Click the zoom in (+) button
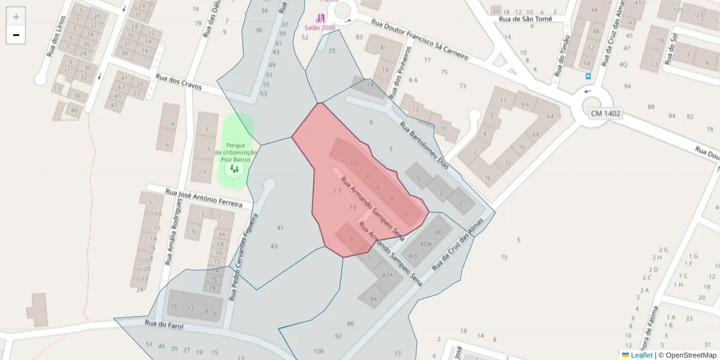[16, 17]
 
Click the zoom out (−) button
[16, 35]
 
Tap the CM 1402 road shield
[605, 113]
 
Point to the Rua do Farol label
[163, 326]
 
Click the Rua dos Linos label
[55, 38]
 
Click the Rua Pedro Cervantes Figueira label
[242, 256]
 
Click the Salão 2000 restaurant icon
[321, 19]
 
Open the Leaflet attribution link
[641, 355]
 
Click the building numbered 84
[374, 298]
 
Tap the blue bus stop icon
[588, 76]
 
